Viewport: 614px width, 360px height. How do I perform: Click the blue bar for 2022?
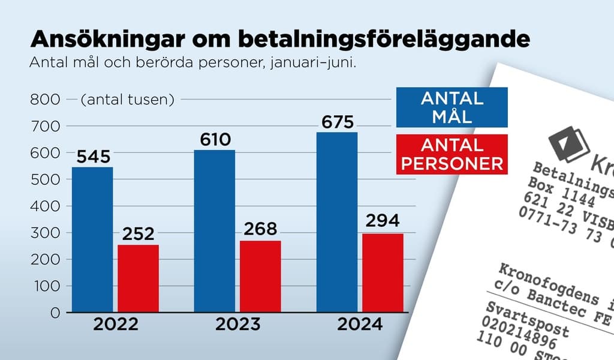click(92, 239)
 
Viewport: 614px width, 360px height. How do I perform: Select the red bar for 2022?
click(138, 278)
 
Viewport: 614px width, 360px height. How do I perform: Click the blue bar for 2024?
click(337, 222)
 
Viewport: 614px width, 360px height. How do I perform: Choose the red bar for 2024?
click(383, 272)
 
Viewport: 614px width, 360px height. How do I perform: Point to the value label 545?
click(92, 157)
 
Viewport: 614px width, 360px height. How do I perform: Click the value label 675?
click(337, 122)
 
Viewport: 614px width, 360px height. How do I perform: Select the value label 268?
click(260, 230)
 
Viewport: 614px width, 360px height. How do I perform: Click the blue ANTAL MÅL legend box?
click(452, 107)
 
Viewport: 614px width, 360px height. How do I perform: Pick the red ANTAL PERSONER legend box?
click(452, 154)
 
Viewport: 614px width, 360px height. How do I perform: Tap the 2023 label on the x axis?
click(237, 325)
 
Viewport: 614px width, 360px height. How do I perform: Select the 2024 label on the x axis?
click(360, 325)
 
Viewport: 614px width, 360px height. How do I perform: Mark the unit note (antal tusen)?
click(127, 100)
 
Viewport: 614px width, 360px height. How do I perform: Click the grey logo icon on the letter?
click(568, 142)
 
